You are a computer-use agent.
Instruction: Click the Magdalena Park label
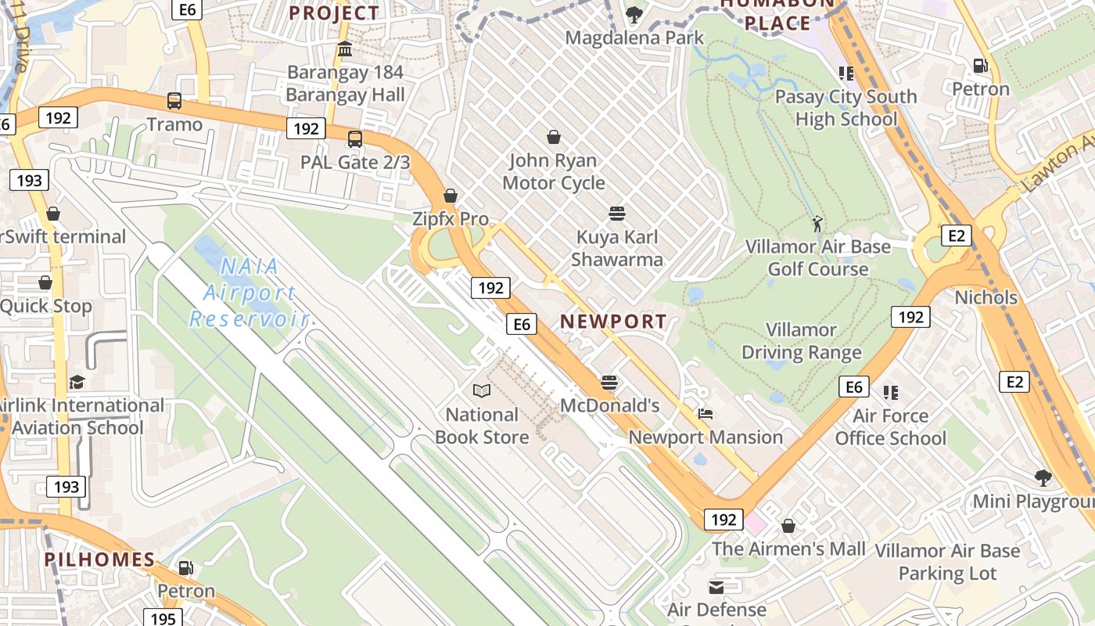coord(634,38)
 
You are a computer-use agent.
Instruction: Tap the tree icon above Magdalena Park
coord(634,14)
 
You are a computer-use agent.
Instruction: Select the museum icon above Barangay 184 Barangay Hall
coord(344,50)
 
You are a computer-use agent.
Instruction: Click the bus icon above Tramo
coord(174,101)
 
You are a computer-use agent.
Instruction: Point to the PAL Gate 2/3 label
coord(355,162)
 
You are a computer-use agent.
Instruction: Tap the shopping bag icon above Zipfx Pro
coord(451,196)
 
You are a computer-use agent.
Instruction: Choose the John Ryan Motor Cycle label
coord(554,171)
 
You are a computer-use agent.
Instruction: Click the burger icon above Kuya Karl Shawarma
coord(616,214)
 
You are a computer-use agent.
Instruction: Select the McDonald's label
coord(610,405)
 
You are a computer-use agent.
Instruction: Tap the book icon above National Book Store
coord(482,390)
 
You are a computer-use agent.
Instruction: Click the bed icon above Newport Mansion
coord(705,414)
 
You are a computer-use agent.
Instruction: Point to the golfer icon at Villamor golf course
coord(817,223)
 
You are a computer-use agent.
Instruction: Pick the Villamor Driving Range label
coord(801,341)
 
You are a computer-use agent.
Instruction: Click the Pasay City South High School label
coord(845,108)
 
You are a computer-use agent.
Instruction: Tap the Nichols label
coord(985,297)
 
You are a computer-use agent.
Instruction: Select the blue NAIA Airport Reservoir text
coord(250,293)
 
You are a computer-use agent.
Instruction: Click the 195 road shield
coord(163,618)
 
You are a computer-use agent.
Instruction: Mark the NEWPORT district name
coord(613,321)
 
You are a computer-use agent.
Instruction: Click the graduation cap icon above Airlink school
coord(77,382)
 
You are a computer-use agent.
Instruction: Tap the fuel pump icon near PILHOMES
coord(186,567)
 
